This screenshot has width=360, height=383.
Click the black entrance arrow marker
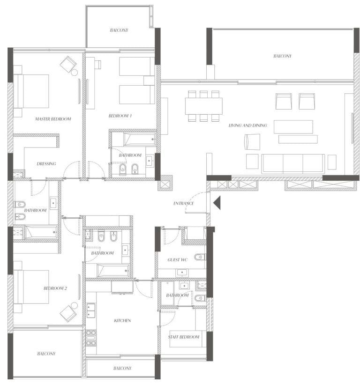(217, 202)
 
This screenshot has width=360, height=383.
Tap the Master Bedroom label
(53, 119)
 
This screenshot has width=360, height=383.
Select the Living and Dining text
(247, 125)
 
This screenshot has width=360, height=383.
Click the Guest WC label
(177, 260)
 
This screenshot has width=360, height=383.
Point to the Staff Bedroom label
(183, 337)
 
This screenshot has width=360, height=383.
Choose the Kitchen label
(122, 320)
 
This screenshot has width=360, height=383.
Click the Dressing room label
(46, 164)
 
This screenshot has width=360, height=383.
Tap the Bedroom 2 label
(55, 288)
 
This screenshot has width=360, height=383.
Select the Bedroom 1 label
(120, 116)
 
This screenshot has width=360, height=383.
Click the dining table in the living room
(204, 106)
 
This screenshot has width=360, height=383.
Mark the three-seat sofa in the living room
(293, 164)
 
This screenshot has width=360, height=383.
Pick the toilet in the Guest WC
(200, 257)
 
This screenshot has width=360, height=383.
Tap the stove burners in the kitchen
(91, 338)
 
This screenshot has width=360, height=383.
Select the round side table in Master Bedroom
(75, 72)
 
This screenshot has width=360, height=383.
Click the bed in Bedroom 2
(31, 287)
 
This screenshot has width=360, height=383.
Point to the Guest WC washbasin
(182, 273)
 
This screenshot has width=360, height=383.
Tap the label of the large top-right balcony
(283, 56)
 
